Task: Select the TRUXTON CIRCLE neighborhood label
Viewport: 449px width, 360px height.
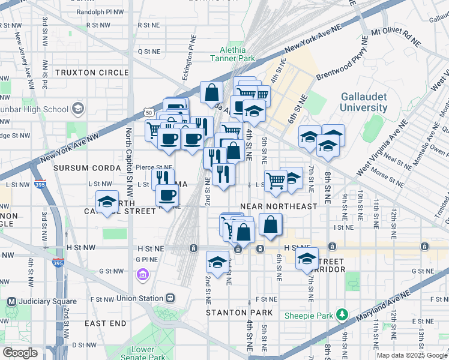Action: pos(92,73)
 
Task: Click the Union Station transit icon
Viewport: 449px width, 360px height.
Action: pos(170,298)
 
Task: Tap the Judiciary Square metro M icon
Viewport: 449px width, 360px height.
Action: pos(11,301)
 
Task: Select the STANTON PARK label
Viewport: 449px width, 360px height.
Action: pos(239,313)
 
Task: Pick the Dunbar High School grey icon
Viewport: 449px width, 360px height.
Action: pos(77,109)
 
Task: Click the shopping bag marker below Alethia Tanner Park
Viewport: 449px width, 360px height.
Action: pos(211,94)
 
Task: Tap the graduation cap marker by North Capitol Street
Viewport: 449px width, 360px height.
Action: pos(107,202)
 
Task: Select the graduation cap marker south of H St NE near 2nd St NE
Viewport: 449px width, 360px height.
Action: pos(217,262)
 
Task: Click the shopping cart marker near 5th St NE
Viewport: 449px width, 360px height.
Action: pos(275,179)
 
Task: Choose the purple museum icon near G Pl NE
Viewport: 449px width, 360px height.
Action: pos(143,275)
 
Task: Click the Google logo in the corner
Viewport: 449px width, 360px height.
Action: pos(20,353)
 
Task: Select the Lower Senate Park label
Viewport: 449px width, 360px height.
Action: pos(148,353)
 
